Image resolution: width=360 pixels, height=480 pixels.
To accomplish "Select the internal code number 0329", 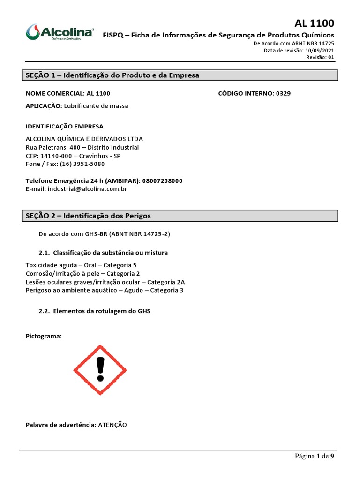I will click(283, 93).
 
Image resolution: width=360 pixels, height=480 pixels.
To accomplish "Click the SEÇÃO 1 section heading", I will click(112, 75).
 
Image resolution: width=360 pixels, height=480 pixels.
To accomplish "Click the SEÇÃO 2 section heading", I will click(88, 216).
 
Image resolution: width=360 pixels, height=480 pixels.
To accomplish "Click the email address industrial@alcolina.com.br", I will click(87, 189).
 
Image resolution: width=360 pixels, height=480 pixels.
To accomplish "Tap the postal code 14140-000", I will click(56, 156).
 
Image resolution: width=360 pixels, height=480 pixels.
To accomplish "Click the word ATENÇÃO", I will click(112, 425).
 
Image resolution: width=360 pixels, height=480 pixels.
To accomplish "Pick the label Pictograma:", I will click(44, 336).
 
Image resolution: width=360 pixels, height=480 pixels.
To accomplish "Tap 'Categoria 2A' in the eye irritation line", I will click(166, 282).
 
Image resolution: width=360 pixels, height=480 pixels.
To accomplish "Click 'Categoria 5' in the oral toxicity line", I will click(120, 265).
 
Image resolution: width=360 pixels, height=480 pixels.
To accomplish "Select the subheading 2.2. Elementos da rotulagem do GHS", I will click(95, 311).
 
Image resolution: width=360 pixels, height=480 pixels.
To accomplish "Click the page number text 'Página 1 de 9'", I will click(314, 456).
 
